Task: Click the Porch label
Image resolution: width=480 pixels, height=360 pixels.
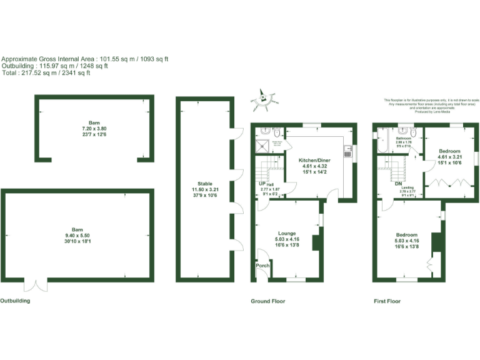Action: (263, 266)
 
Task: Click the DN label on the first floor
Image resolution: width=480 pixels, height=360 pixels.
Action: (397, 184)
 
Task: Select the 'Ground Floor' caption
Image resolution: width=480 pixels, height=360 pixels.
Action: (268, 301)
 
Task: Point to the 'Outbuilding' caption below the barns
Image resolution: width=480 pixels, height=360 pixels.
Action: (15, 301)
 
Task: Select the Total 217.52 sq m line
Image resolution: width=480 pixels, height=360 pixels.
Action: (46, 73)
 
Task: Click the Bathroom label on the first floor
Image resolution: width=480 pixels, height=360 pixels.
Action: (403, 137)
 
